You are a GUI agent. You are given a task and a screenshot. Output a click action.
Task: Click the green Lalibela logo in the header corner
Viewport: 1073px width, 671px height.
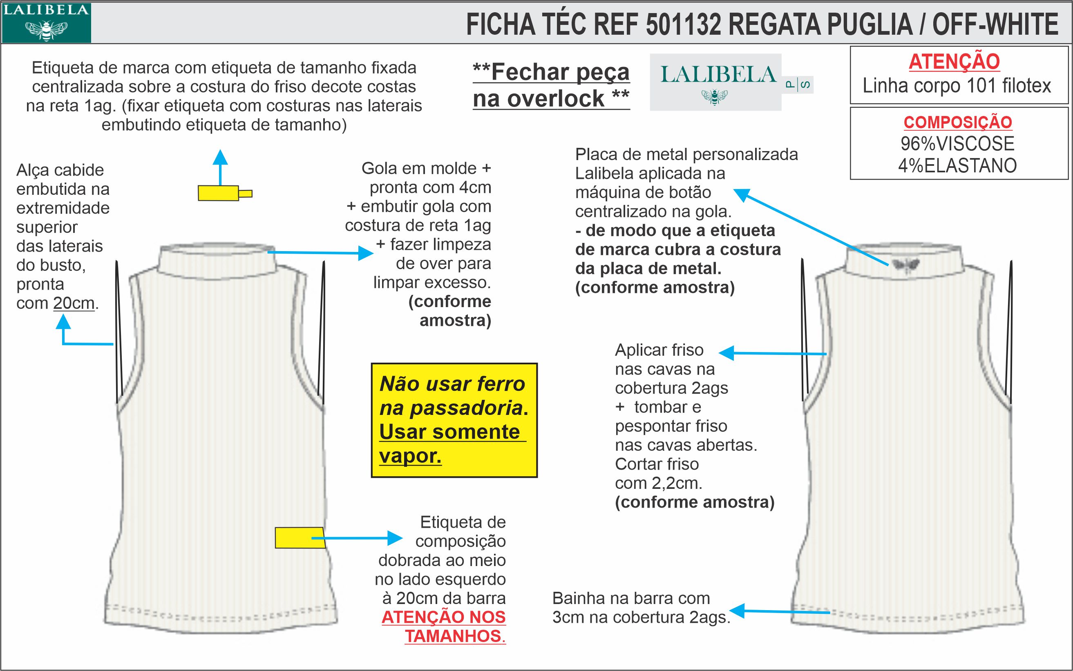[x=46, y=22]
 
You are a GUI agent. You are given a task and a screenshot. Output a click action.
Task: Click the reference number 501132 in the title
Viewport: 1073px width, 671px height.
[x=683, y=25]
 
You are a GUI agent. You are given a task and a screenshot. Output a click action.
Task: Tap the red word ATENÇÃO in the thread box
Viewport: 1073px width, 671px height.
[x=954, y=62]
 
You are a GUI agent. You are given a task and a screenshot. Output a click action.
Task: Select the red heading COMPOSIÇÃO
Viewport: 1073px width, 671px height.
[x=958, y=123]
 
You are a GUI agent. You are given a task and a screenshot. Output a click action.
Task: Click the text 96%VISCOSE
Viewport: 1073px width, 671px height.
[x=958, y=144]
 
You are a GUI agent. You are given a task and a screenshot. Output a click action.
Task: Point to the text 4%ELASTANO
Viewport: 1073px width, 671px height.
[x=958, y=165]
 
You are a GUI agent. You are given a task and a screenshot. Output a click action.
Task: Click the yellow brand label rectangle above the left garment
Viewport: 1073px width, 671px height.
[x=219, y=194]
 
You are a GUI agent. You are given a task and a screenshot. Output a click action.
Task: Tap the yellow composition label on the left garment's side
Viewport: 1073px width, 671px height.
[x=298, y=537]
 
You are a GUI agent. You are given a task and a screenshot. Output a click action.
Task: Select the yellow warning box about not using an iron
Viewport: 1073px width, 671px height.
[x=454, y=420]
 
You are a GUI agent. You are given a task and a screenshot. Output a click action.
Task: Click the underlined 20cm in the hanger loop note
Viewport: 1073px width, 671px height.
[x=74, y=303]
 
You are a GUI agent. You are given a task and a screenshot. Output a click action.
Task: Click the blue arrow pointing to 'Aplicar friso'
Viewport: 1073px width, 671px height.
[x=772, y=354]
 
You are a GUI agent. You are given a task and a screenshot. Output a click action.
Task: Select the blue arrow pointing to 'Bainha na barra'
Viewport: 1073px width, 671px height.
[x=780, y=611]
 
